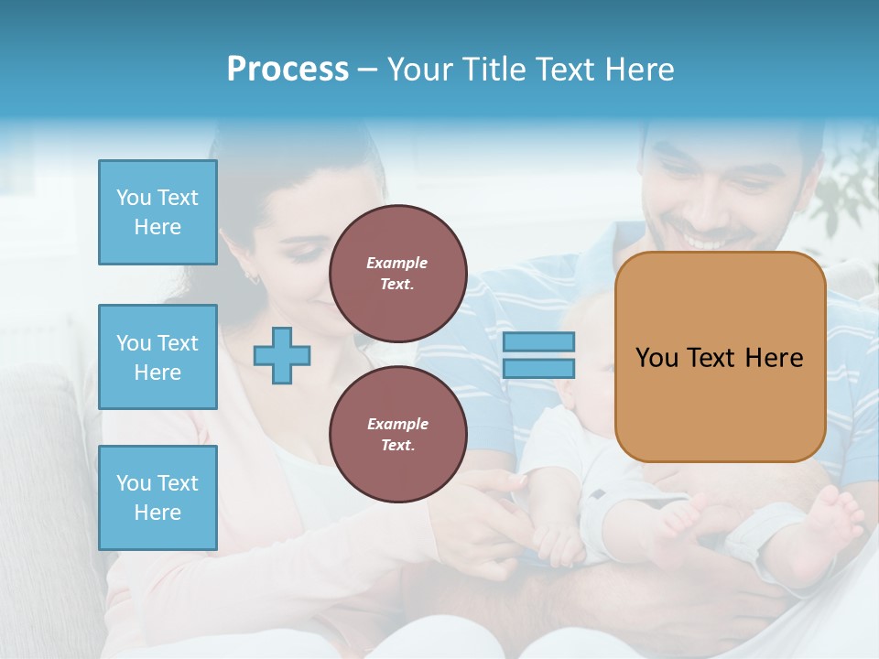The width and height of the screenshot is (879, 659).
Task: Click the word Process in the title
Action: click(x=288, y=70)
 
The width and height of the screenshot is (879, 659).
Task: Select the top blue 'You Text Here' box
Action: click(x=157, y=212)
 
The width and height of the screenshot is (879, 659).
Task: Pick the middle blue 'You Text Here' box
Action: click(x=157, y=357)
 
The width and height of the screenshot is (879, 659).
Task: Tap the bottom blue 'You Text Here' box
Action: click(x=157, y=498)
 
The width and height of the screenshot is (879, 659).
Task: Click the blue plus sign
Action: click(x=282, y=355)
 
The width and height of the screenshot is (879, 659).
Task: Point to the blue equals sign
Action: click(x=538, y=355)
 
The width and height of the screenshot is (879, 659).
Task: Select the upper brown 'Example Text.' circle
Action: click(x=398, y=274)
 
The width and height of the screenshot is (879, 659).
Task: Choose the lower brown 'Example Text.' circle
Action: click(x=398, y=435)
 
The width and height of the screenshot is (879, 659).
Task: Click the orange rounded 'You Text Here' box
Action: click(x=720, y=357)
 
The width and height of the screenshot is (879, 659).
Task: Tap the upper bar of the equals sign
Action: click(x=538, y=342)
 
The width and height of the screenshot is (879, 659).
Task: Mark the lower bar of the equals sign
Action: click(x=538, y=369)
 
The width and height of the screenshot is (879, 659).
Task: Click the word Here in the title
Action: click(x=640, y=70)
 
